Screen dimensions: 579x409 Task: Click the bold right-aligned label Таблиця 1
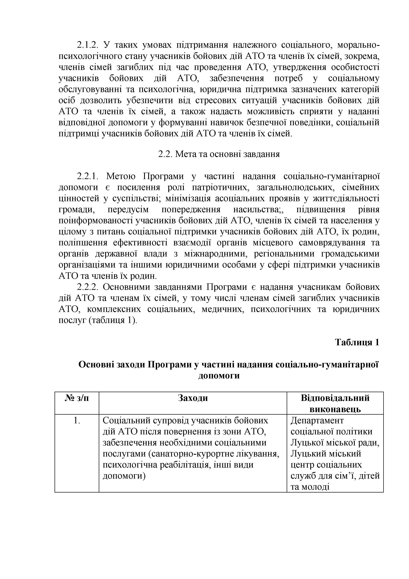point(357,342)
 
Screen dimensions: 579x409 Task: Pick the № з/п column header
point(77,398)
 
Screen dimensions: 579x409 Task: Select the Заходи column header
point(193,398)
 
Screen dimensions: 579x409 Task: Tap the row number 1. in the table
point(77,421)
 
